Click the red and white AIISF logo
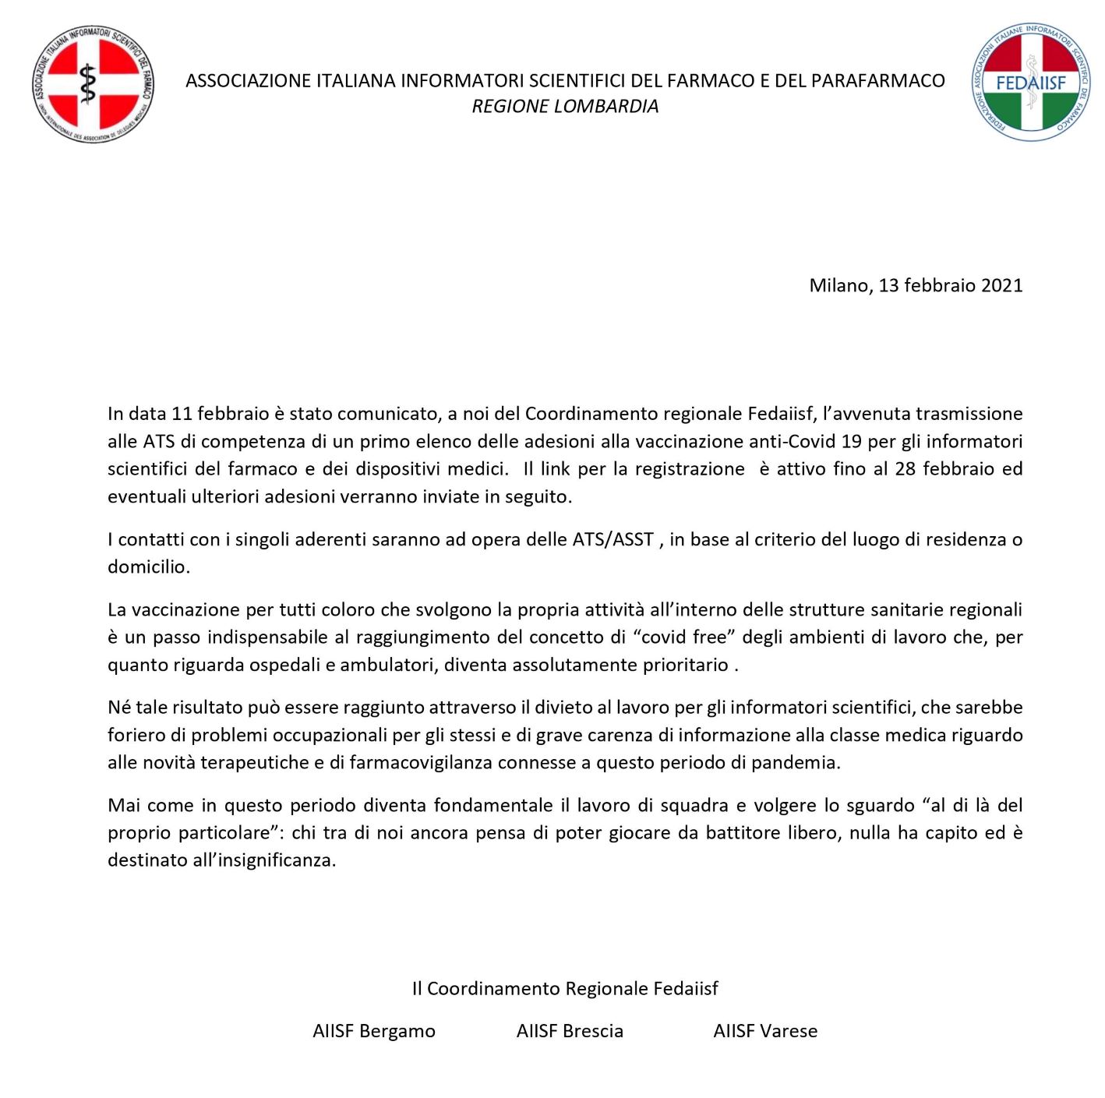(94, 83)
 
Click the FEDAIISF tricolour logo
(1030, 82)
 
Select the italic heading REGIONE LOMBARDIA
(565, 107)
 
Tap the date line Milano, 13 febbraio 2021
(916, 285)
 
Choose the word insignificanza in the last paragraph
(276, 860)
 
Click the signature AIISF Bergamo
(374, 1031)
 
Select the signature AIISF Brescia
(570, 1031)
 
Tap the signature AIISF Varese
(765, 1031)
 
